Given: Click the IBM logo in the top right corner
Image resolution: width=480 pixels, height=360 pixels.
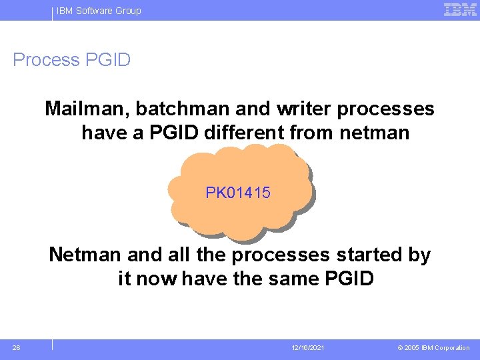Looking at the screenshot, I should coord(461,9).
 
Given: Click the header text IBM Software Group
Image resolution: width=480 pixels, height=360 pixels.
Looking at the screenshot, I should coord(99,11).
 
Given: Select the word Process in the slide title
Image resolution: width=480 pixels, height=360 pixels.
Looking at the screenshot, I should coord(46,60).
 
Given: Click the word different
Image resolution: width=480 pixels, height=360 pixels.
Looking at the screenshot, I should coord(244,133).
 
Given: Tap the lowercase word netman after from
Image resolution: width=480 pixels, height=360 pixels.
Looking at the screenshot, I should coord(374,133).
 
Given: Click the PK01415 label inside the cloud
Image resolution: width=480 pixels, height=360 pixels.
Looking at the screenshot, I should coord(238,193).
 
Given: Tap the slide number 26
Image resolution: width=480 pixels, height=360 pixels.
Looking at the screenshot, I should coord(16,347).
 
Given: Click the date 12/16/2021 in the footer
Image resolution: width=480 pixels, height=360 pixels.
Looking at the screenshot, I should coord(308,348).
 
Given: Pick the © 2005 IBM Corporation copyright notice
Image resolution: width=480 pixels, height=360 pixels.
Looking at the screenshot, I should coord(434,348).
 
